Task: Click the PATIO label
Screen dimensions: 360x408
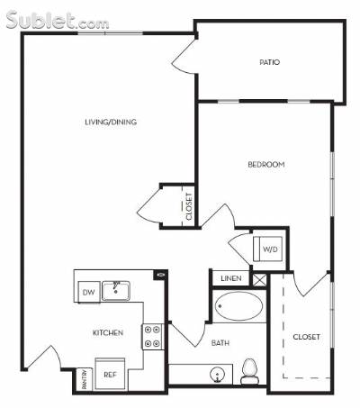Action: (x=269, y=62)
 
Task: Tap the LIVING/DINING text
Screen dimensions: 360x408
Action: (x=111, y=122)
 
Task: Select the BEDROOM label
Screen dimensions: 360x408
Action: (x=266, y=165)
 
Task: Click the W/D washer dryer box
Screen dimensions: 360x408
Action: (x=268, y=249)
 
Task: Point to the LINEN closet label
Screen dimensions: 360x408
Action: (x=231, y=278)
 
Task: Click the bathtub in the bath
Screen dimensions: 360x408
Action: (x=239, y=306)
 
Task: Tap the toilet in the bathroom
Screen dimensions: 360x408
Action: (x=250, y=371)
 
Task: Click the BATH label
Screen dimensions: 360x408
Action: (x=220, y=343)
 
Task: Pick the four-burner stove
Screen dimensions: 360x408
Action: (x=152, y=337)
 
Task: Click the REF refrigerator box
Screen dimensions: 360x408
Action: (x=110, y=374)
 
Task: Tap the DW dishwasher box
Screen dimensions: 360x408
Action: (x=89, y=292)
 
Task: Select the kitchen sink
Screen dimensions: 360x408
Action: (x=116, y=291)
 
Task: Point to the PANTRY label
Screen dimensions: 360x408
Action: (x=85, y=379)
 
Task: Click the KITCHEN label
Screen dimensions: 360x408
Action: (x=108, y=332)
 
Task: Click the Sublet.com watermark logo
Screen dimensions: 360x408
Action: (x=58, y=20)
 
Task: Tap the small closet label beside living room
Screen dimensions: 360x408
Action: (x=189, y=206)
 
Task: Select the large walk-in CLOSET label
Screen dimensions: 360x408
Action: (x=306, y=337)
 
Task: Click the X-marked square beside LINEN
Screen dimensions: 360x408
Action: (x=259, y=279)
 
